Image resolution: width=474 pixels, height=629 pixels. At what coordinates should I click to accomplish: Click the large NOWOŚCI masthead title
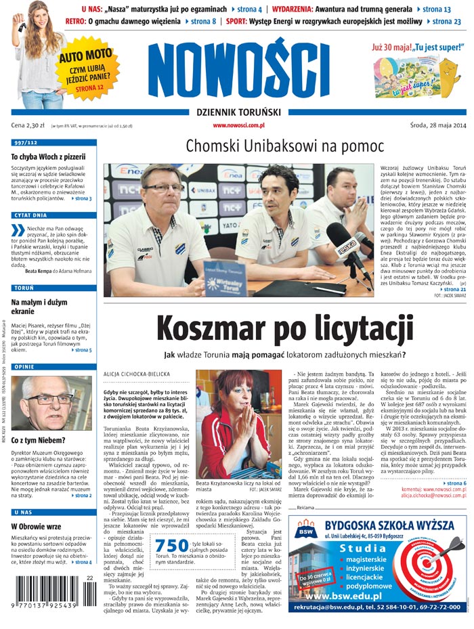click(230, 70)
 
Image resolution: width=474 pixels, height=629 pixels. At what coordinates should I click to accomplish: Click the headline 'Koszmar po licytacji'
click(284, 330)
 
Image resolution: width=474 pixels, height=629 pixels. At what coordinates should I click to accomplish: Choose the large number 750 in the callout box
click(171, 546)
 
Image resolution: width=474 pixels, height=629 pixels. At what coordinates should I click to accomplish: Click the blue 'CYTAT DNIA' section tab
click(30, 215)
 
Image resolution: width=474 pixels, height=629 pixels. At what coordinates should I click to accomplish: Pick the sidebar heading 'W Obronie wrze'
click(36, 526)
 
